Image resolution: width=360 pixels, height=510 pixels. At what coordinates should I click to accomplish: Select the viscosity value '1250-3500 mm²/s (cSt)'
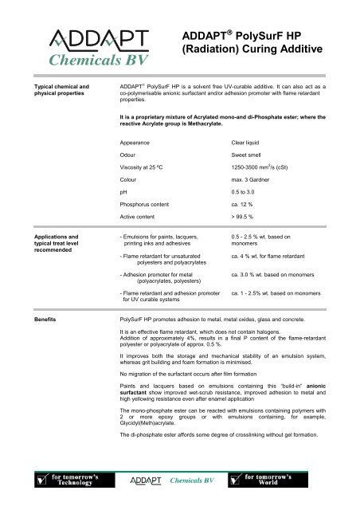point(261,177)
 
